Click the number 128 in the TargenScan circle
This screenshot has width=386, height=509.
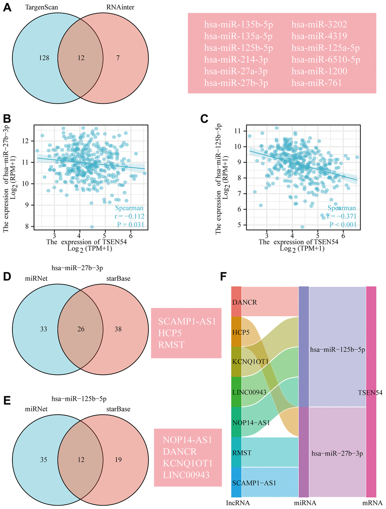click(x=44, y=58)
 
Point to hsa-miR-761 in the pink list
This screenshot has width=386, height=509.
click(x=316, y=83)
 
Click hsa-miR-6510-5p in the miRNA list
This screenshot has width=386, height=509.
click(x=326, y=59)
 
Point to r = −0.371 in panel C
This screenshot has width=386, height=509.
click(x=342, y=216)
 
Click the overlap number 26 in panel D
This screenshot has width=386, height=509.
click(x=81, y=329)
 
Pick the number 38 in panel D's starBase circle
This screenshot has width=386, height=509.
click(x=118, y=329)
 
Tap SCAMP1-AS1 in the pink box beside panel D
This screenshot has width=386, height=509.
click(x=187, y=322)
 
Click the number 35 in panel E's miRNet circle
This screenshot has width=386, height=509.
click(x=44, y=460)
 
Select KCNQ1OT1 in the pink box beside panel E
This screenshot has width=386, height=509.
click(x=188, y=463)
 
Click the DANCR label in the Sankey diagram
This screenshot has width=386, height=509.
click(x=245, y=302)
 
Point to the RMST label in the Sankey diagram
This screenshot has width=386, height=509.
click(x=242, y=453)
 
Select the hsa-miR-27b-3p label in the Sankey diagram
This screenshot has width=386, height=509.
click(x=337, y=453)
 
